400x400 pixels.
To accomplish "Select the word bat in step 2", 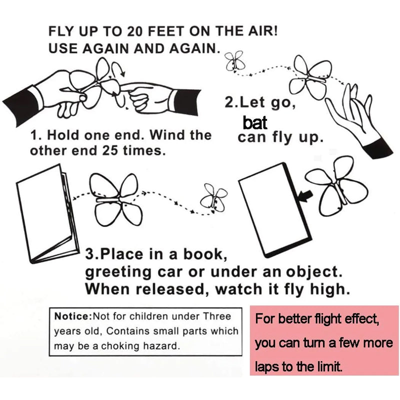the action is (254, 122).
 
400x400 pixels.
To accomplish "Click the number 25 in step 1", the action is (110, 151).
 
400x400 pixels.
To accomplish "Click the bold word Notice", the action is (71, 316).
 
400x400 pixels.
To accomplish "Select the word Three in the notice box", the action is (217, 316).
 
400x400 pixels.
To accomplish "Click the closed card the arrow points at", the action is (275, 209).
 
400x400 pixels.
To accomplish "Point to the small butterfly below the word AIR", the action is (235, 61).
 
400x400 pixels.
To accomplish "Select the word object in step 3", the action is (314, 272).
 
